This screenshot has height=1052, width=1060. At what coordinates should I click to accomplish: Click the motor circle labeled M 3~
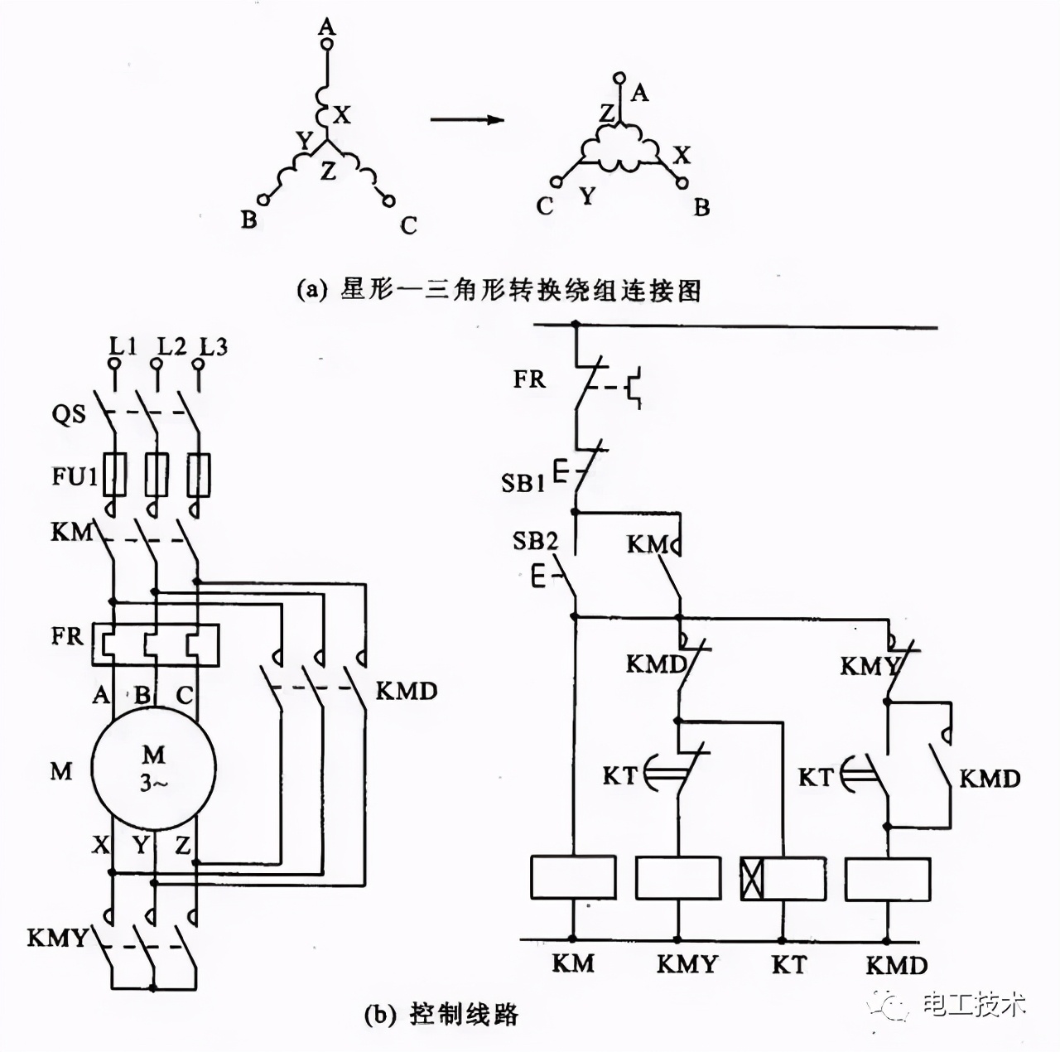tap(154, 768)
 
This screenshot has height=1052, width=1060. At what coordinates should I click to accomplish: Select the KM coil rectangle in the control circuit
tap(572, 878)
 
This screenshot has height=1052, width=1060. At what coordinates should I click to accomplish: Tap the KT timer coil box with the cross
tap(783, 878)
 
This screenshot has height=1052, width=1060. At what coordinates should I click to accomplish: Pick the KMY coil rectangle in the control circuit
tap(677, 878)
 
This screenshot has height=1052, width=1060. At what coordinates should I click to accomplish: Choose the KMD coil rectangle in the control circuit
tap(887, 878)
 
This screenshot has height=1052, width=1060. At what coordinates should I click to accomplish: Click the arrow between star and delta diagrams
tap(467, 119)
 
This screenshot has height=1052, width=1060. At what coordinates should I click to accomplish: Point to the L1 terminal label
tap(123, 346)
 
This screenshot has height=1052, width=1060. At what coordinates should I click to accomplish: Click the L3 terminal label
tap(213, 346)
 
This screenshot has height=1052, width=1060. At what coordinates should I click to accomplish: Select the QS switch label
tap(69, 413)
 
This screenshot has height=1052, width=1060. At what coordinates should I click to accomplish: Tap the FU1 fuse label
tap(75, 476)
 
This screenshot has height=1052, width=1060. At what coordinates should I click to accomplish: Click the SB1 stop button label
tap(523, 482)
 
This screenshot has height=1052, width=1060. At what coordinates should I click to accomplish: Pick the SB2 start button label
tap(535, 541)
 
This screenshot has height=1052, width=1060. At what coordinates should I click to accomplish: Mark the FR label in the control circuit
tap(529, 379)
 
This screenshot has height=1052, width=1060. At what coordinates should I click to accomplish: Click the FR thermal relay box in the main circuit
tap(155, 644)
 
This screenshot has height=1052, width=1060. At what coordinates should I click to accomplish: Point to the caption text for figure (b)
tap(441, 1014)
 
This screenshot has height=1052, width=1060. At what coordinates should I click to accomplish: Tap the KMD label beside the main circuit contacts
tap(406, 691)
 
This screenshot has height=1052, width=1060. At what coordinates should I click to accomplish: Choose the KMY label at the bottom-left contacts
tap(57, 938)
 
